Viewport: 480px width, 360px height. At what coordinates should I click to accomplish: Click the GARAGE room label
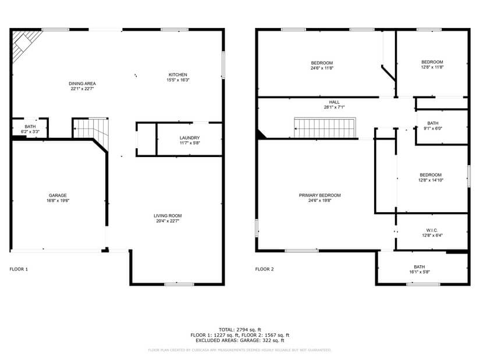coord(58,195)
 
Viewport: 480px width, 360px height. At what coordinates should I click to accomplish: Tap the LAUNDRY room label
coord(190,138)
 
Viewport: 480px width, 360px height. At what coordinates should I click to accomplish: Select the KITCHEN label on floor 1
coord(177,74)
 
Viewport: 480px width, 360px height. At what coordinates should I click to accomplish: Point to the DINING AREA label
coord(82,84)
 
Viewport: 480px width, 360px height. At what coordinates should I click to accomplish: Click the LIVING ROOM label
coord(168,216)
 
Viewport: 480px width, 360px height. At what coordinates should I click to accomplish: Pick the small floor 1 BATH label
coord(30,127)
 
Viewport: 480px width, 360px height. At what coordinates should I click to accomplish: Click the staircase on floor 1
coord(91,128)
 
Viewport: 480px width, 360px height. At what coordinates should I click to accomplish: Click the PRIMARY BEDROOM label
coord(319,195)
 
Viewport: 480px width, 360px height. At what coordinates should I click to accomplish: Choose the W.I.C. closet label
coord(431,230)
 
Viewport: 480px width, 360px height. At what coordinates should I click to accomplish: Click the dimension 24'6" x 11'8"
coord(322,68)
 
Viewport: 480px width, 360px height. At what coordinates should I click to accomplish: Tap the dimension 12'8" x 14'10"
coord(431,180)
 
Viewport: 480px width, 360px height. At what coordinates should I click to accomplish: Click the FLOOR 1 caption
coord(19,269)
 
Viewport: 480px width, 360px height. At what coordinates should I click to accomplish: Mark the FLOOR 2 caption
coord(264,269)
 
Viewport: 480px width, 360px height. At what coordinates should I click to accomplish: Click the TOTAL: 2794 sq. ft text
coord(240,330)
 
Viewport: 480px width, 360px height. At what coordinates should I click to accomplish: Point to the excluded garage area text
coord(240,341)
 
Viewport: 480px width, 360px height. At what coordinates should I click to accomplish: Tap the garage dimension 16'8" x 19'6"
coord(58,201)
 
